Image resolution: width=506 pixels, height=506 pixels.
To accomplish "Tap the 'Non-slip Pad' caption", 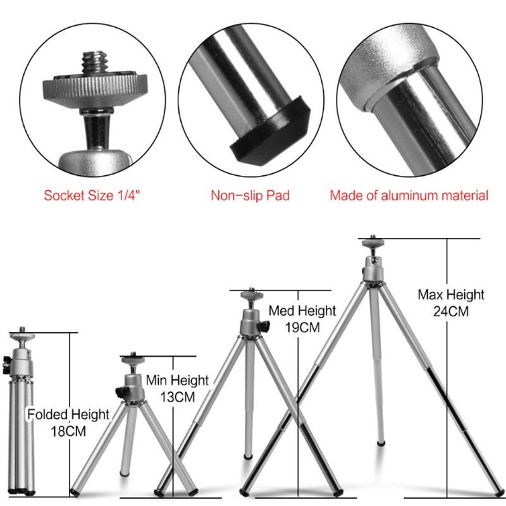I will click(x=250, y=195).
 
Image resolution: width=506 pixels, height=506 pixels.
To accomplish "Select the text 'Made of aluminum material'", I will click(x=409, y=195).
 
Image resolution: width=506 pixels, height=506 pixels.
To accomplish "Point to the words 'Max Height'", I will click(x=451, y=295).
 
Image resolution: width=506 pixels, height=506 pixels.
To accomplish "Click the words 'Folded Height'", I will click(x=68, y=414).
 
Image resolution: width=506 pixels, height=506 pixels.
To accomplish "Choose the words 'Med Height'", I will click(x=302, y=311).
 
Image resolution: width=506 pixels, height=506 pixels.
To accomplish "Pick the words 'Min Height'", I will click(x=177, y=381).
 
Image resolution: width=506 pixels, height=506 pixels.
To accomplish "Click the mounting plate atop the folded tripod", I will click(x=23, y=331).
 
